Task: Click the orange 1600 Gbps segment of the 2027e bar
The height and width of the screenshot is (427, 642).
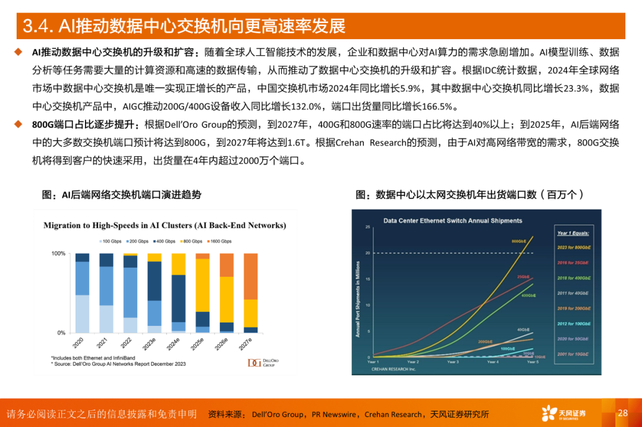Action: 251,276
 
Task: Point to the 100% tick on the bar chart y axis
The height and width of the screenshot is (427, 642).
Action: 58,254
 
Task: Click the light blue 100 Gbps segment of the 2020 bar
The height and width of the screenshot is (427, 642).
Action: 82,314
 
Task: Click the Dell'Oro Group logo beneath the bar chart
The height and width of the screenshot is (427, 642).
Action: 263,362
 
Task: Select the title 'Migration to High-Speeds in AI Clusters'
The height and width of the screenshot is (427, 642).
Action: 165,226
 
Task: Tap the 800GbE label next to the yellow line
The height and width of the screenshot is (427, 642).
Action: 518,241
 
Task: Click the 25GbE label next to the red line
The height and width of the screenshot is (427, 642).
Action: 523,276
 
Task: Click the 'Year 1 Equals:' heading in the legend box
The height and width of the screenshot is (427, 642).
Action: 572,233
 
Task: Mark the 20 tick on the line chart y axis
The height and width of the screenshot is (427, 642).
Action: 368,253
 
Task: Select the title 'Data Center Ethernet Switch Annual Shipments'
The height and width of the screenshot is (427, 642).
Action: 452,220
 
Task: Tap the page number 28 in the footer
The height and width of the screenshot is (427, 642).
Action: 622,413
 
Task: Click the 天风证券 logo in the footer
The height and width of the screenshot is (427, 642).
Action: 563,413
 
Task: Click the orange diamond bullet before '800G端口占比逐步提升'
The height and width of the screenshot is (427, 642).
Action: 18,125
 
